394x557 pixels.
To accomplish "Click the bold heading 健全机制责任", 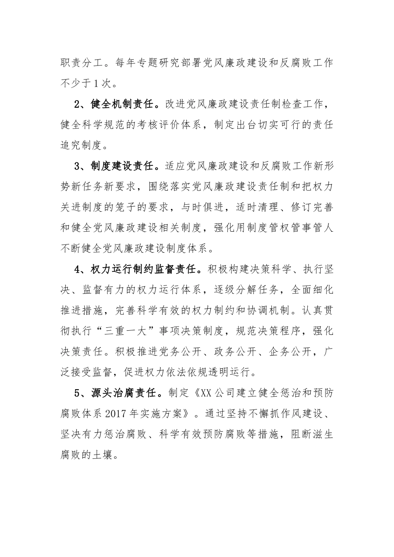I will pos(124,104).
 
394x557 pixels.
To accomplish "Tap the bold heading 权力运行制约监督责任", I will pos(141,269).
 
